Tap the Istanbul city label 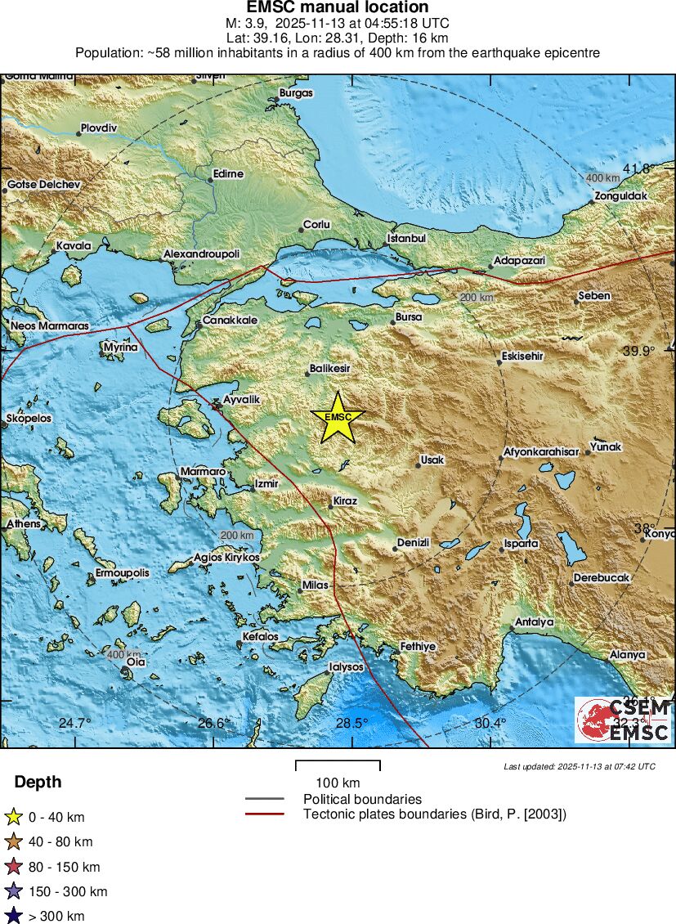pos(406,239)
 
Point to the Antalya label pos(534,622)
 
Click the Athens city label pos(23,523)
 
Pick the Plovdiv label pos(98,128)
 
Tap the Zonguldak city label pos(620,196)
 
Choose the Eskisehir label pos(522,357)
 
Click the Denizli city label pos(413,543)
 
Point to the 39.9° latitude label pos(638,351)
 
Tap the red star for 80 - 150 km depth pos(14,867)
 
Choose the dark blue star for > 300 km pos(14,916)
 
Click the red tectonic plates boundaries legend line pos(264,814)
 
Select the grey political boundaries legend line pos(264,799)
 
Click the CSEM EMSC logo pos(623,720)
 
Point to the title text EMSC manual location pos(338,7)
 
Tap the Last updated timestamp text pos(580,766)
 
